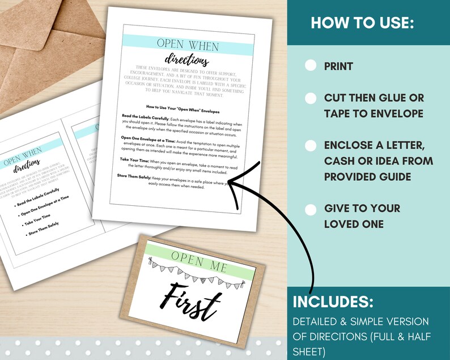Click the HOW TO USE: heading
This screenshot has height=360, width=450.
click(x=363, y=24)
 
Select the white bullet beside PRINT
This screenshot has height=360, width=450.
click(x=311, y=66)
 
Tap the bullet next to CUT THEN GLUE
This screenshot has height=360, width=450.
click(x=311, y=98)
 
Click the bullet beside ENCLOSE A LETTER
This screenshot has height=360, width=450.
click(x=311, y=145)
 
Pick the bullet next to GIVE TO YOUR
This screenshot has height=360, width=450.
click(x=311, y=210)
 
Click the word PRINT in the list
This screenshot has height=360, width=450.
click(x=338, y=66)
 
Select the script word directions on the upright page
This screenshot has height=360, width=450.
click(x=183, y=60)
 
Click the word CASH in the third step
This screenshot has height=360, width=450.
click(x=341, y=161)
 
